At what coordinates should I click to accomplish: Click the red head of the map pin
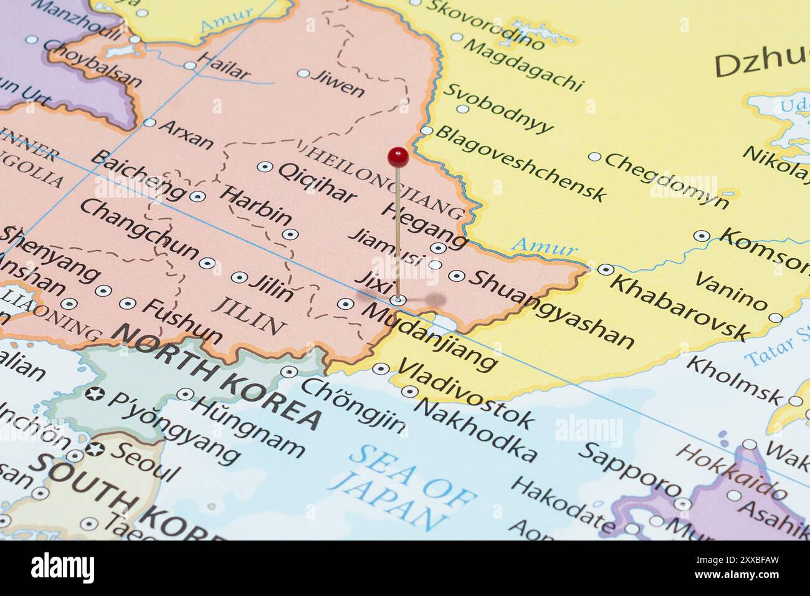coord(398,156)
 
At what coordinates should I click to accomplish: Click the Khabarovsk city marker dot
coord(606,270)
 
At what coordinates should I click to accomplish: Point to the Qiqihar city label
coord(316,182)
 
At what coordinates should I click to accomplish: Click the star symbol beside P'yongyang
coord(95,394)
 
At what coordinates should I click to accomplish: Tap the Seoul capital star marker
coord(95,449)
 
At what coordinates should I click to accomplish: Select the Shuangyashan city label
coord(551,309)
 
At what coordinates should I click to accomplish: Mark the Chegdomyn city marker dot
coord(595,157)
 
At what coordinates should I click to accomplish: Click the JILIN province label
coord(249,315)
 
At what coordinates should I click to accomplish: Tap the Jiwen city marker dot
coord(303,74)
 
